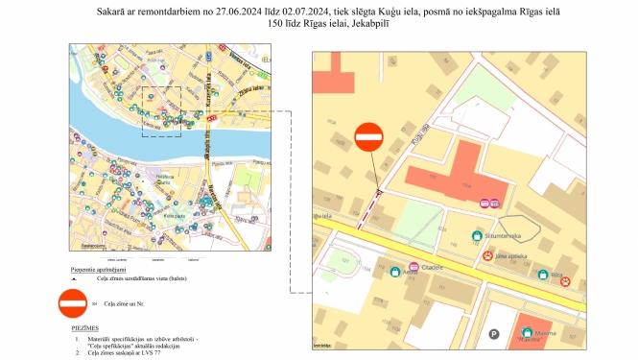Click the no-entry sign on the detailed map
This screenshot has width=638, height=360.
[x=368, y=138]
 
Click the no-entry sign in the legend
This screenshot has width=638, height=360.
[x=74, y=303]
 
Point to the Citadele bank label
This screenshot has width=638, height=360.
[x=428, y=267]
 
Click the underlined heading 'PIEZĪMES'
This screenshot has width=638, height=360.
[x=86, y=327]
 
